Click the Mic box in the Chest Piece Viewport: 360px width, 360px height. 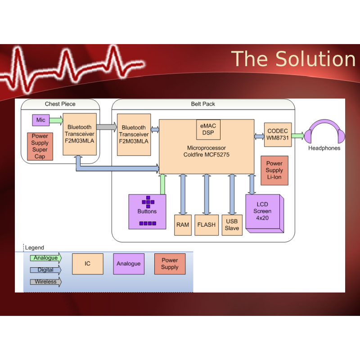click(x=40, y=121)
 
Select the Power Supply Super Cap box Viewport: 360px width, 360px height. click(x=40, y=146)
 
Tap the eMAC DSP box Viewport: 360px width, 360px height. click(x=207, y=130)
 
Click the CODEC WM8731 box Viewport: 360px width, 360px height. click(x=277, y=134)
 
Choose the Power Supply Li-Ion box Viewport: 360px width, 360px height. click(x=274, y=171)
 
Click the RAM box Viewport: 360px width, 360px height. click(x=183, y=225)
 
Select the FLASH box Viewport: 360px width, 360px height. click(x=206, y=225)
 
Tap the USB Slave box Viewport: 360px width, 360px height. click(x=232, y=225)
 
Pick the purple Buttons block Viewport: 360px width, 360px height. click(x=147, y=211)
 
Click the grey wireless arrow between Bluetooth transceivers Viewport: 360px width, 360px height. click(x=106, y=127)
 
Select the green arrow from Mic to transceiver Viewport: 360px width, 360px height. click(x=56, y=121)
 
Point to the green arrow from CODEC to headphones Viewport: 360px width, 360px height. click(x=298, y=135)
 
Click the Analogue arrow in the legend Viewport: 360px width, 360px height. click(x=45, y=258)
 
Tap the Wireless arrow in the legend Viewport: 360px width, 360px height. click(x=45, y=282)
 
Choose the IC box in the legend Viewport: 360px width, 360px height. click(x=88, y=264)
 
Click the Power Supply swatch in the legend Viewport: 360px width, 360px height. click(x=170, y=264)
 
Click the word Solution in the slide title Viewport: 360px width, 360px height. click(x=315, y=59)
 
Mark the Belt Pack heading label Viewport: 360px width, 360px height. click(x=203, y=104)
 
